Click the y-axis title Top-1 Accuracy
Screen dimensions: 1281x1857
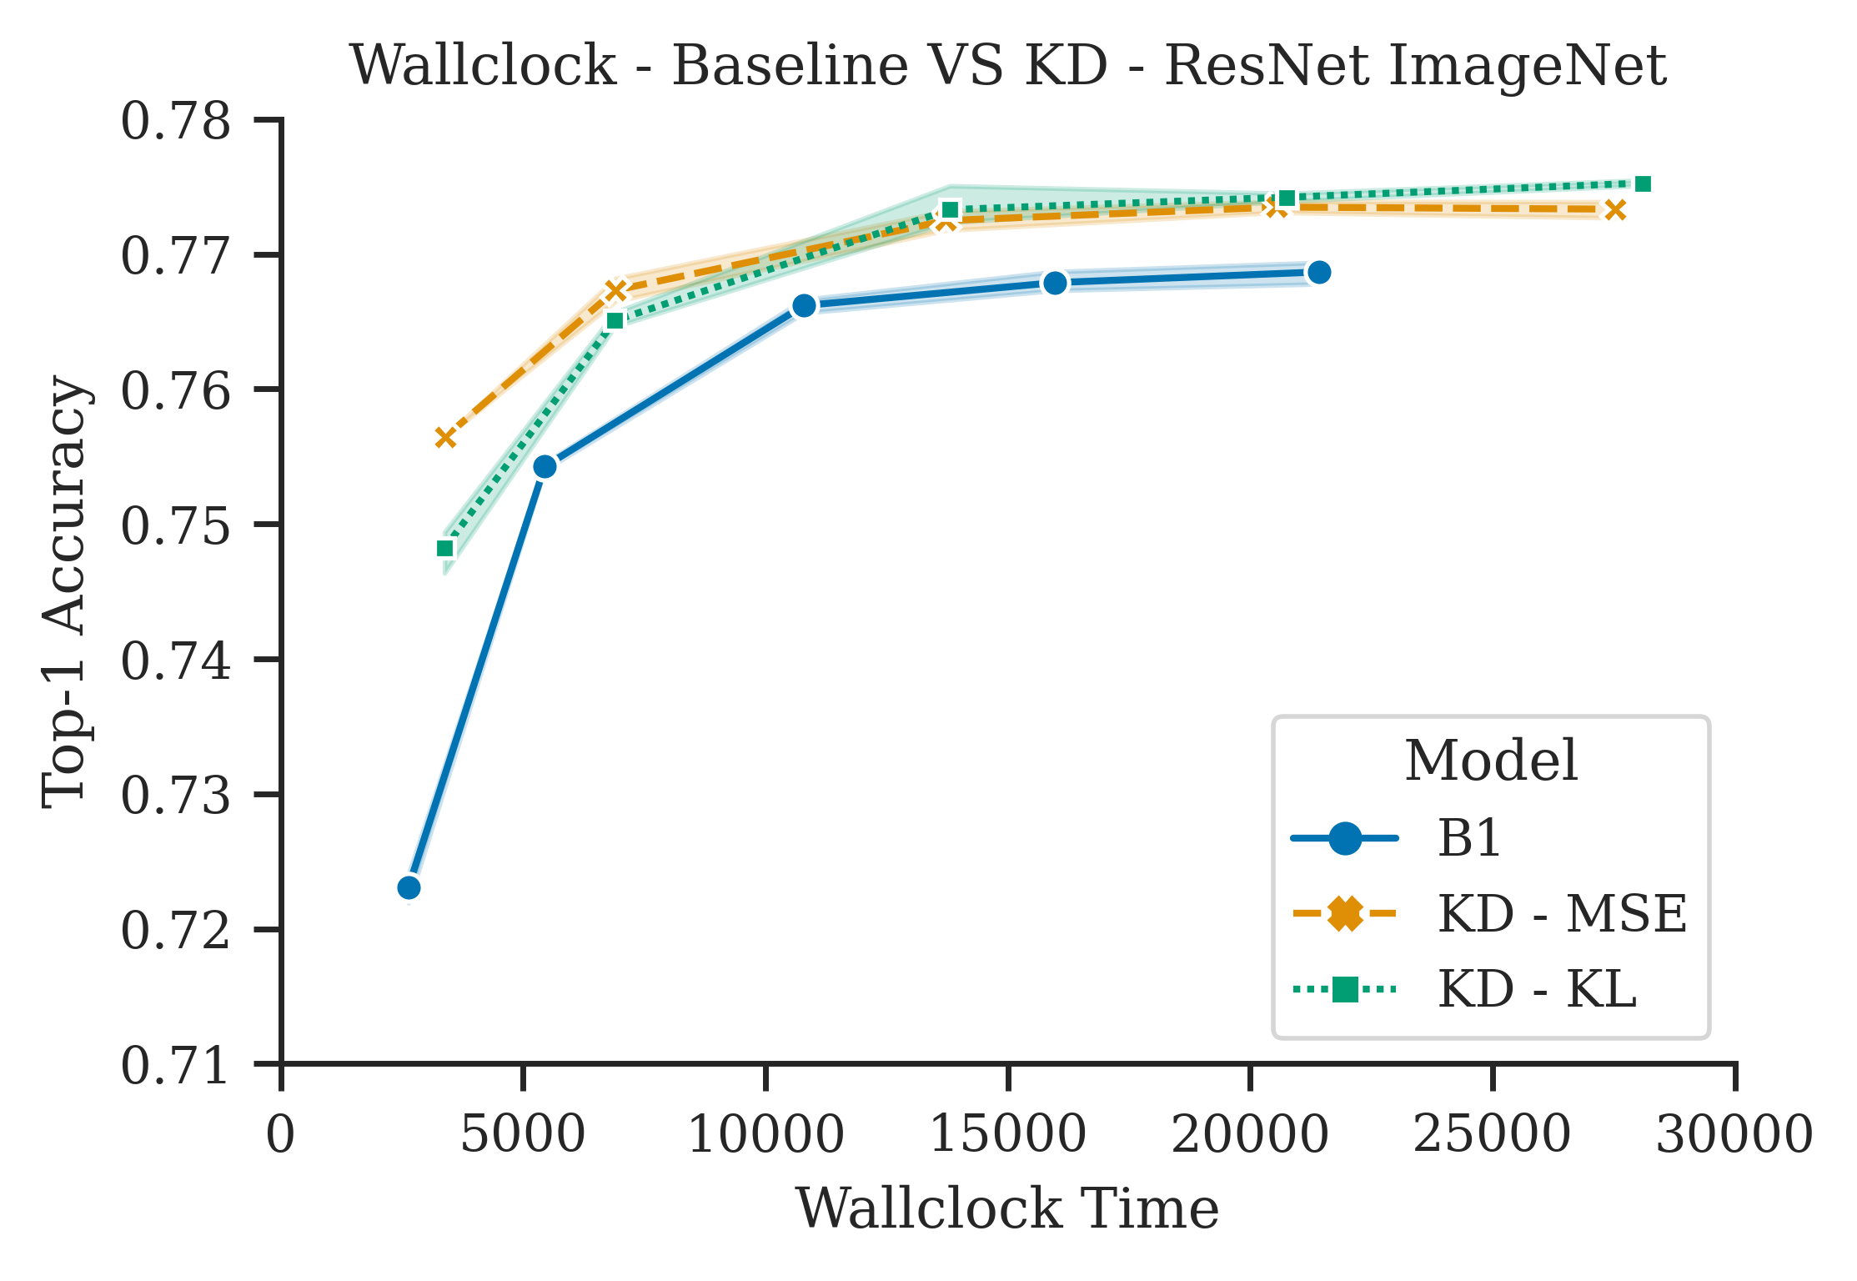(x=65, y=592)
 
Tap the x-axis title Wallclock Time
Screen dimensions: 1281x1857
(x=1007, y=1208)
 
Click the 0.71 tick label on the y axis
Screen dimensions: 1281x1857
(x=176, y=1066)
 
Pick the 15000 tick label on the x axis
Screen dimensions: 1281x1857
(x=1008, y=1135)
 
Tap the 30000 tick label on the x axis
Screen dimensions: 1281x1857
(x=1734, y=1135)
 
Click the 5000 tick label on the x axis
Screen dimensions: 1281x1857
(x=523, y=1135)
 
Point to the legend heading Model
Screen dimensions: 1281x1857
(x=1491, y=761)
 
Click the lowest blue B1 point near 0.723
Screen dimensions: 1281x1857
(x=409, y=887)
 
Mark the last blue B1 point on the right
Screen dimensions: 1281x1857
(x=1319, y=273)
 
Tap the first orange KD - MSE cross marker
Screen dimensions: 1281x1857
(x=445, y=438)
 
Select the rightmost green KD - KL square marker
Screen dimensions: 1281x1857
(x=1643, y=184)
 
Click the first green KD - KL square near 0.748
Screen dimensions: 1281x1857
(x=445, y=548)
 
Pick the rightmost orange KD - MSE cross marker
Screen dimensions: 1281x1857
(x=1615, y=210)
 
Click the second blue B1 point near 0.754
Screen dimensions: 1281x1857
(x=545, y=466)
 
